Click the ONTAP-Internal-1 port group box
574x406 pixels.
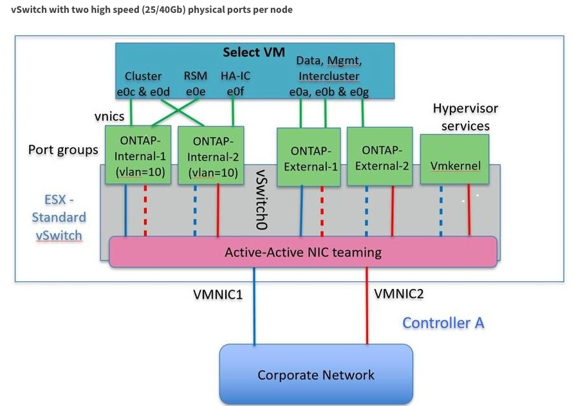(x=138, y=155)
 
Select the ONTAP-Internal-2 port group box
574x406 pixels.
(x=213, y=155)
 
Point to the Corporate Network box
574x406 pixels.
(x=316, y=374)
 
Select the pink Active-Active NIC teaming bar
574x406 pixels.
(x=303, y=252)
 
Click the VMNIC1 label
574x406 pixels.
(x=218, y=295)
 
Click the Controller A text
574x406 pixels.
(x=443, y=322)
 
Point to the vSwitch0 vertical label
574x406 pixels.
(x=262, y=199)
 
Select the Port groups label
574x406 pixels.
(x=63, y=150)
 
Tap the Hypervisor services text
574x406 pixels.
(x=465, y=117)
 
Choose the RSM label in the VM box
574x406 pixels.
(x=195, y=76)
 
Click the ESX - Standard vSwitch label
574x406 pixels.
(x=58, y=217)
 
